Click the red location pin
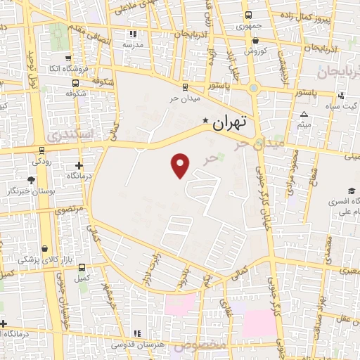[181, 165]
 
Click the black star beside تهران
[205, 121]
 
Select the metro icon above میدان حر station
[185, 87]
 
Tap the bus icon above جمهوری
[247, 15]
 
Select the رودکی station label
[41, 160]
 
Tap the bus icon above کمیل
[82, 268]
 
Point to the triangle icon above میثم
[304, 114]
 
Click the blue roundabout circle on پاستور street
[254, 89]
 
